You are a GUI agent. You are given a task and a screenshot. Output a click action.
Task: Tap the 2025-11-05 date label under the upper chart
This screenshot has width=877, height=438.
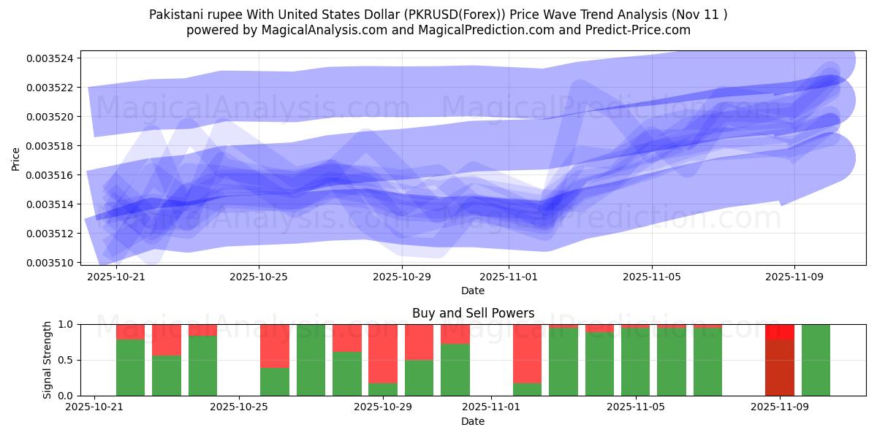click(652, 277)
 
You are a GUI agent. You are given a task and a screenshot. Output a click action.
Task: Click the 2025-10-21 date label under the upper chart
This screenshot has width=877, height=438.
click(115, 277)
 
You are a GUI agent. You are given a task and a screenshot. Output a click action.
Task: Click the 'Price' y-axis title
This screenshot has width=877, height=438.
click(16, 158)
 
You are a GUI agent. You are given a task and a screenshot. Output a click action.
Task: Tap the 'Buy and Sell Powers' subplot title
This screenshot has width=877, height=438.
click(473, 313)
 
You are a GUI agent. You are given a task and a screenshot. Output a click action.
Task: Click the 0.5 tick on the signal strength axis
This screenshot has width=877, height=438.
click(64, 360)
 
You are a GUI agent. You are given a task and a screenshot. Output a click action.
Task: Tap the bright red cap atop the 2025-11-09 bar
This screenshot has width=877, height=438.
click(780, 331)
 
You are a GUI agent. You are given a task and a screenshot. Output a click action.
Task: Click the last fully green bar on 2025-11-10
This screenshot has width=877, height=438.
click(816, 360)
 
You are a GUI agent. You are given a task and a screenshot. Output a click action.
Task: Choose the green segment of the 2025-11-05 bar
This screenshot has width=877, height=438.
click(636, 362)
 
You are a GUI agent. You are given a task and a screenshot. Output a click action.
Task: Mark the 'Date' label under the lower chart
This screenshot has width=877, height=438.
click(473, 421)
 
